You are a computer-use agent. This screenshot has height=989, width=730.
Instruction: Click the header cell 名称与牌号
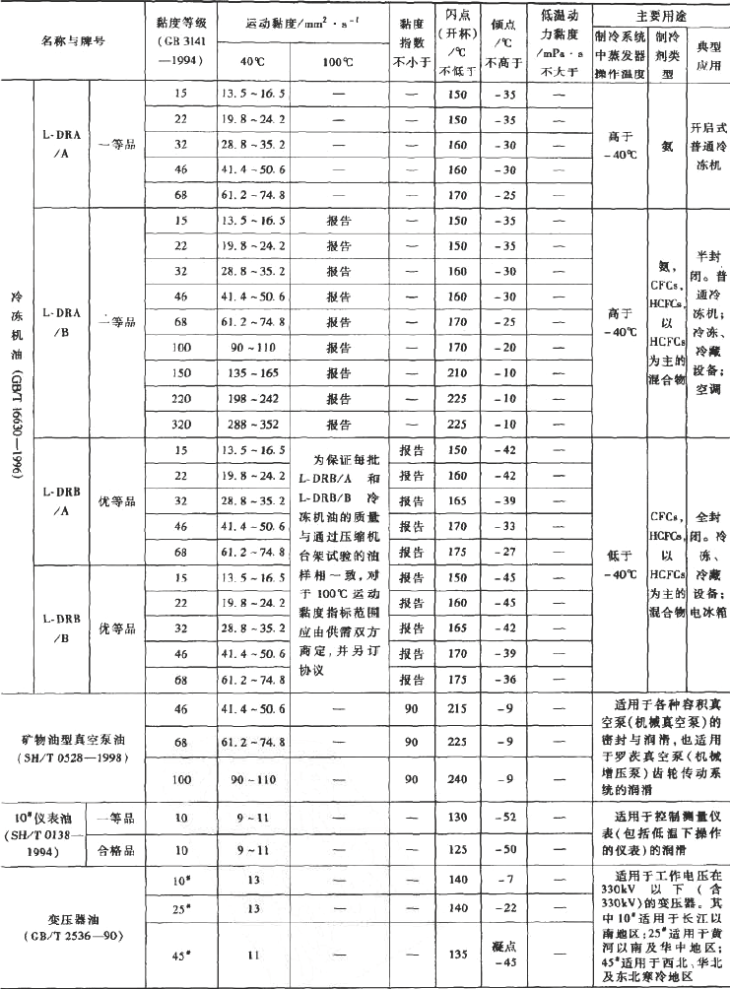(x=74, y=43)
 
